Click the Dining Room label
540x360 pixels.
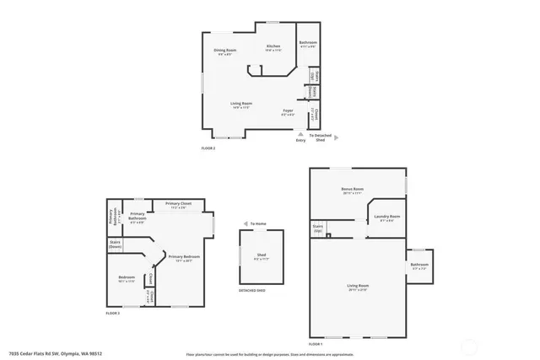[224, 51]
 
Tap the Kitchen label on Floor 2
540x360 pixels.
[273, 46]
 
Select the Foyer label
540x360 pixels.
[289, 111]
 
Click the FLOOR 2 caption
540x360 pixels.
[208, 148]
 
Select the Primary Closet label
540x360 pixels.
[177, 204]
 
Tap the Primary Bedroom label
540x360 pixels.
[183, 256]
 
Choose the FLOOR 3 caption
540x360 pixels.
[112, 313]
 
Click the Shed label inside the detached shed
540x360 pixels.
[262, 255]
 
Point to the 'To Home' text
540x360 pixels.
[258, 223]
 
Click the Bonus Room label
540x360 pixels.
[352, 189]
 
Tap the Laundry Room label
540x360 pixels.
[387, 217]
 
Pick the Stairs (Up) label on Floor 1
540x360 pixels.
[318, 228]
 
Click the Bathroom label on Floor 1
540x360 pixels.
[419, 265]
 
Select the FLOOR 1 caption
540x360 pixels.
[316, 344]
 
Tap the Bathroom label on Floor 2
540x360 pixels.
[307, 43]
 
